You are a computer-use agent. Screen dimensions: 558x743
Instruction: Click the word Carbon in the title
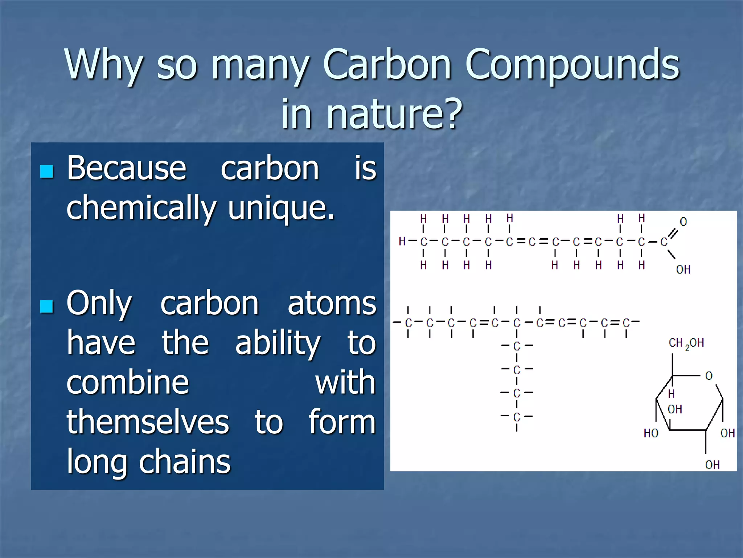pos(387,64)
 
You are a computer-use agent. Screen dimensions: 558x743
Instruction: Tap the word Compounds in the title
pos(572,64)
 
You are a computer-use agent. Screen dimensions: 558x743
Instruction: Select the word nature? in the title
pos(394,114)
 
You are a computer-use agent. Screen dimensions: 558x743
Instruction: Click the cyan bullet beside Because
pos(47,171)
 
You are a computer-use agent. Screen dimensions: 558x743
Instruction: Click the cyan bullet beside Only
pos(47,306)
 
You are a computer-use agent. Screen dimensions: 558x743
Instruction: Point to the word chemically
pos(141,208)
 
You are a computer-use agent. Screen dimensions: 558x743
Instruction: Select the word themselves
pos(148,422)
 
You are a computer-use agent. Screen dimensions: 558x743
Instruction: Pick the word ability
pos(278,343)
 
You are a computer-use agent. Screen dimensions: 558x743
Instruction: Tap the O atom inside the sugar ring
pos(709,376)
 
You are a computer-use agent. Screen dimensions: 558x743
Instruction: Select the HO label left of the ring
pos(651,433)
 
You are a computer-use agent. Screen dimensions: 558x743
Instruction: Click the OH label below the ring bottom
pos(713,465)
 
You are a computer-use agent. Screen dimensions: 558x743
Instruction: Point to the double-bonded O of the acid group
pos(683,222)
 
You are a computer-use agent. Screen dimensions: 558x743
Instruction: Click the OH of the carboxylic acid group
pos(683,270)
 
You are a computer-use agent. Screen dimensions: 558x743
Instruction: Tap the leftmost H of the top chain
pos(402,241)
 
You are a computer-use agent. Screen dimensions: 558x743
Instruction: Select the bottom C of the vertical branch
pos(517,416)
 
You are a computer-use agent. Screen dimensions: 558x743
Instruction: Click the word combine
pos(127,383)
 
